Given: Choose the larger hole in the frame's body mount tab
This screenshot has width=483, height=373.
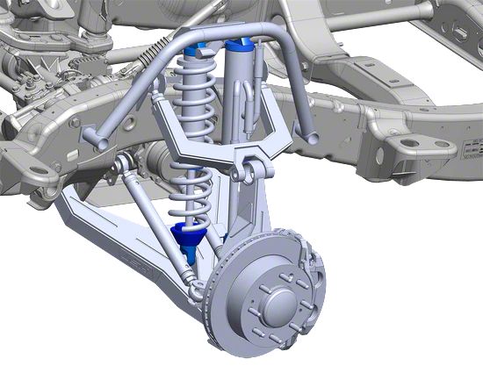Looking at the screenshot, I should coord(409,143).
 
